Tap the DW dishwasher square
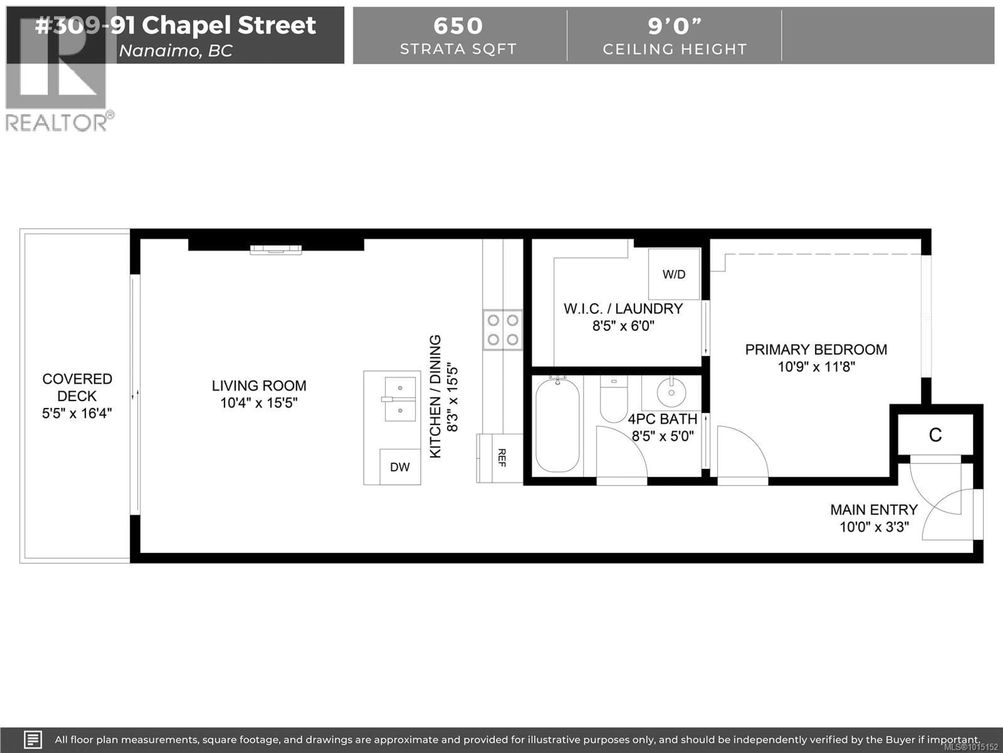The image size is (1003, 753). [x=399, y=467]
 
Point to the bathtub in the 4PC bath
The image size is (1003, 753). [x=557, y=426]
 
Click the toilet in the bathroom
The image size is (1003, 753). [x=614, y=400]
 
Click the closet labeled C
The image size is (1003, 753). [x=935, y=435]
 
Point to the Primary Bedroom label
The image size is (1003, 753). [x=816, y=350]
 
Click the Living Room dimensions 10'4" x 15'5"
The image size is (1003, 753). [x=259, y=403]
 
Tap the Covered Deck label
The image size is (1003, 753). [x=77, y=387]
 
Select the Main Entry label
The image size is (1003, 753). [x=874, y=510]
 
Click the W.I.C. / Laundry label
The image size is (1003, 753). [x=623, y=309]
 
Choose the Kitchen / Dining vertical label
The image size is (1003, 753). [x=435, y=396]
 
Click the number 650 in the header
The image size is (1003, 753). [x=458, y=26]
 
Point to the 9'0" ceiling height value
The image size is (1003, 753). [x=674, y=26]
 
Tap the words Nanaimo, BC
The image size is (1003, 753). [x=176, y=50]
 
